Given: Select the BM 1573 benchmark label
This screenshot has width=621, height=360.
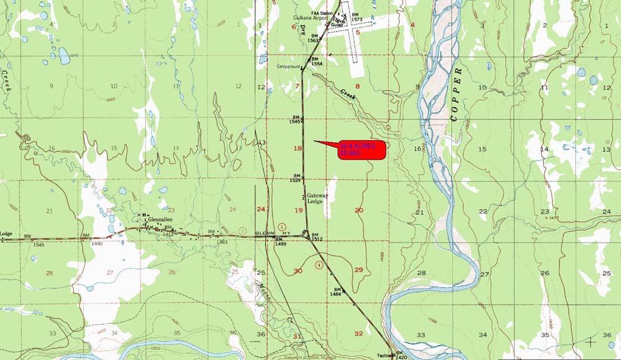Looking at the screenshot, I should coord(356,17).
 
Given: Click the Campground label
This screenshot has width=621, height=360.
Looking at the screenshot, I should coord(289,66).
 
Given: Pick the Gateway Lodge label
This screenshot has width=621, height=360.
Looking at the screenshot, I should coord(317,198).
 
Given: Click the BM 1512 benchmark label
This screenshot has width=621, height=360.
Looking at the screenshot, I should coord(317,236).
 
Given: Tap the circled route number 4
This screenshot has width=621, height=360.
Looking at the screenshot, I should coord(319,265).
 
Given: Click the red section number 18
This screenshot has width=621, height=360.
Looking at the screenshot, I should coord(297,148).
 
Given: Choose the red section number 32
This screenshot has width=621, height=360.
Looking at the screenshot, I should coord(358,334).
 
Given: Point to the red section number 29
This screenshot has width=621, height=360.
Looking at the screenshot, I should coord(358,269).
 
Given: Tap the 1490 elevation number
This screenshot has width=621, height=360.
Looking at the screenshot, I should coord(97,244).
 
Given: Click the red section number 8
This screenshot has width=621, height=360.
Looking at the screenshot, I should coord(357,86).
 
